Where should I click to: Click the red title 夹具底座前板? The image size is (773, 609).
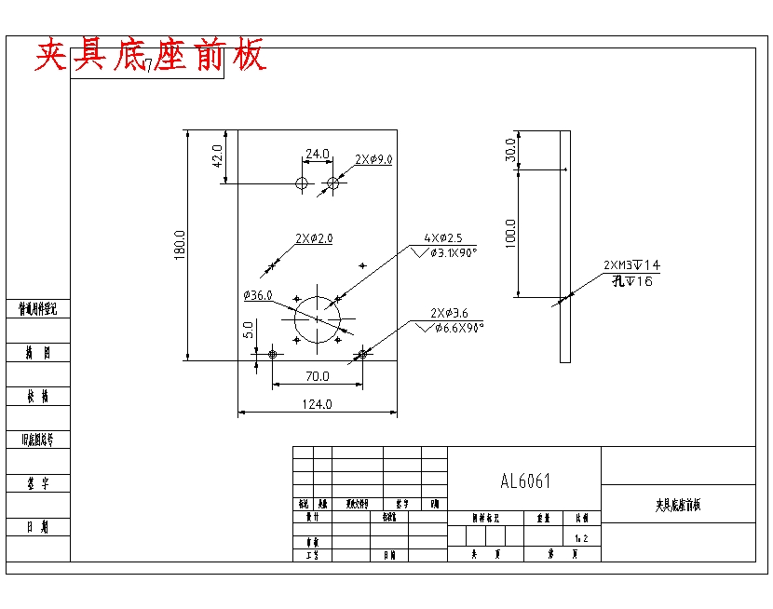tap(151, 56)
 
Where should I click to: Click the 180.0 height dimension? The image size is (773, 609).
tap(180, 245)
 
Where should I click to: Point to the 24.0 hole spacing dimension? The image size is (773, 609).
tap(318, 154)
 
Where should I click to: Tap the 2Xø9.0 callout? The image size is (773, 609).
tap(373, 159)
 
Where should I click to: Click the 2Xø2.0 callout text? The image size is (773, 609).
tap(314, 238)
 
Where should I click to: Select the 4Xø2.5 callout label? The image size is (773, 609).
tap(443, 238)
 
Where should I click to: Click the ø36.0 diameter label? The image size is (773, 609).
tap(257, 295)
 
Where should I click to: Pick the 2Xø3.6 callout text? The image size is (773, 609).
tap(449, 313)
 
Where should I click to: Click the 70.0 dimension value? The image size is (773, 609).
tap(318, 376)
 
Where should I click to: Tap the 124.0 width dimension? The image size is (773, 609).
tap(318, 404)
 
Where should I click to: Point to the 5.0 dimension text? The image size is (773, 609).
tap(249, 331)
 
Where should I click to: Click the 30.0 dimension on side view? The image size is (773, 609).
tap(510, 149)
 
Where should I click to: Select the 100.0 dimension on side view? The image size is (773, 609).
tap(510, 233)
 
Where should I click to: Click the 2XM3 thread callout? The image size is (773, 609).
tap(631, 265)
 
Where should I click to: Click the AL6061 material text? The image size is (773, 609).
tap(525, 481)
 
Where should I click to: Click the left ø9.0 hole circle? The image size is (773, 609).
tap(302, 183)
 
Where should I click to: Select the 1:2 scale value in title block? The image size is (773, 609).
tap(581, 538)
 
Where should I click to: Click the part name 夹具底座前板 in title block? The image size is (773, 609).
tap(678, 505)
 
